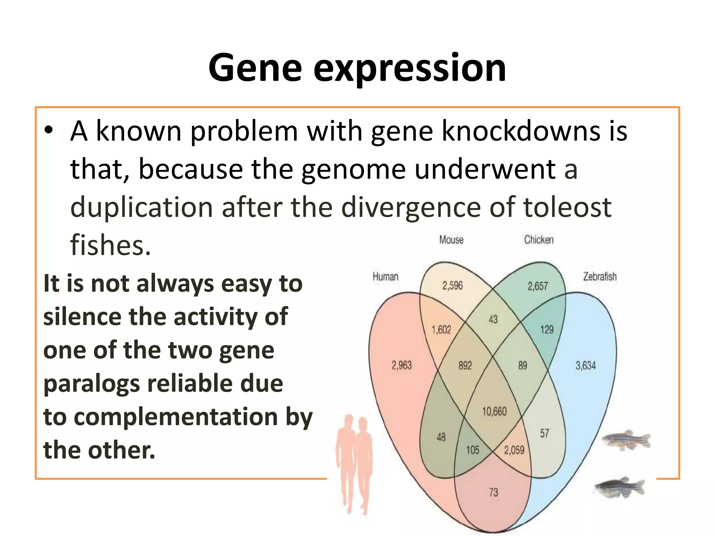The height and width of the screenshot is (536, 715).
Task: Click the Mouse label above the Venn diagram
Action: (451, 240)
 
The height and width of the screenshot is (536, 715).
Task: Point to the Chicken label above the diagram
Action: (538, 240)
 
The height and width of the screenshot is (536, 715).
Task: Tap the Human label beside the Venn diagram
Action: (385, 277)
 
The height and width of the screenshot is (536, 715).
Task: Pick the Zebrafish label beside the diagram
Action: (599, 277)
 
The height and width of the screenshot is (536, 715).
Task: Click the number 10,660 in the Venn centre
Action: (494, 412)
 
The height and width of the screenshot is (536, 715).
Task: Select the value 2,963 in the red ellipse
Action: (401, 366)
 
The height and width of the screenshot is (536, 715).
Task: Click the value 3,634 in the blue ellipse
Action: (585, 366)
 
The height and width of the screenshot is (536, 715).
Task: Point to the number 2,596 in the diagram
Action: (452, 286)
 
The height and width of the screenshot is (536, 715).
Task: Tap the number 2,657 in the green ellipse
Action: (538, 286)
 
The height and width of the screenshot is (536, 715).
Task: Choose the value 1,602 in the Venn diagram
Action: (441, 330)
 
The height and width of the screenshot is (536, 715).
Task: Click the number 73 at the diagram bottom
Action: (493, 493)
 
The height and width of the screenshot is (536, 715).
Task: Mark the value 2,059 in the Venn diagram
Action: (514, 450)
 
